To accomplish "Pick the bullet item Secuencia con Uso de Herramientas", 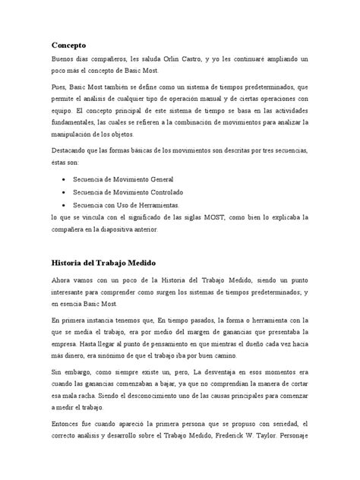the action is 126,205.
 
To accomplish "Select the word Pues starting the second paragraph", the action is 59,87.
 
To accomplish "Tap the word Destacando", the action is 70,150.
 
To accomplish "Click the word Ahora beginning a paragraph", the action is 63,280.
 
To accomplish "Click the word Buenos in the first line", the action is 63,58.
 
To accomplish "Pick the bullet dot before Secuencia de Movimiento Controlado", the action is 63,192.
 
